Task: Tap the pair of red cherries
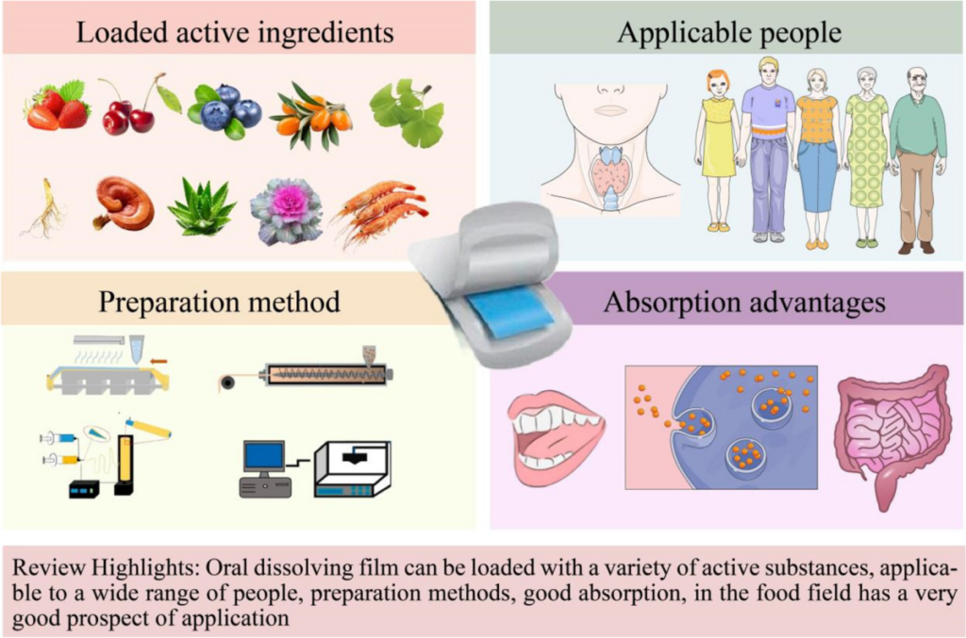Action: (x=129, y=111)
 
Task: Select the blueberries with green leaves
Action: (x=225, y=110)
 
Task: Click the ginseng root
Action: (x=42, y=208)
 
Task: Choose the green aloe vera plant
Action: (x=201, y=206)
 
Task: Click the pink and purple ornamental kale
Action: (x=287, y=210)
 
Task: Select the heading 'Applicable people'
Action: (x=729, y=33)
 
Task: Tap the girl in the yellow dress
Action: (x=719, y=151)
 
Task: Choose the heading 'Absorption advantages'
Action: (x=744, y=303)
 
